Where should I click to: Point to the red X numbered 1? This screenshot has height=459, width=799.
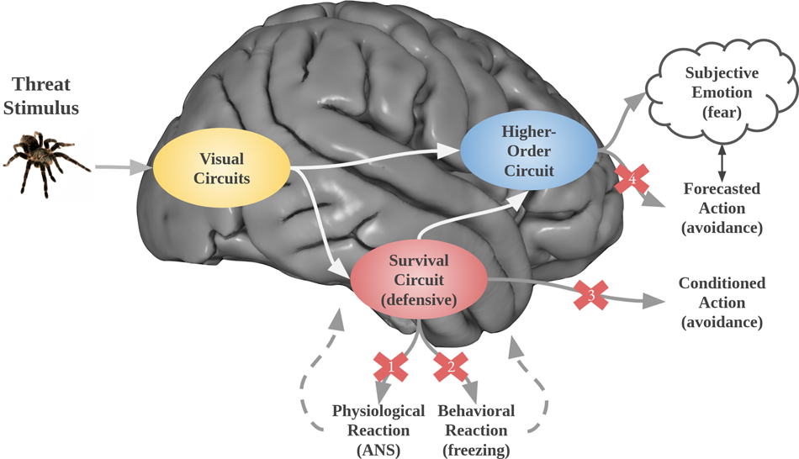390,366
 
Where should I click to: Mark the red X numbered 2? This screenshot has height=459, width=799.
449,366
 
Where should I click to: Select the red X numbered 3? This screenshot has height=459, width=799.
590,294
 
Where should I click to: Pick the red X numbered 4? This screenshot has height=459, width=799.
632,178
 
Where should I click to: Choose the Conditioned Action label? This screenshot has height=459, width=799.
722,302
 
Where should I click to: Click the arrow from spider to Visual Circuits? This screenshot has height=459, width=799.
123,168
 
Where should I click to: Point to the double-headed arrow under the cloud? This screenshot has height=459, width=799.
722,160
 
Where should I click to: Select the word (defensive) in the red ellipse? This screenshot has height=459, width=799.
418,298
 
